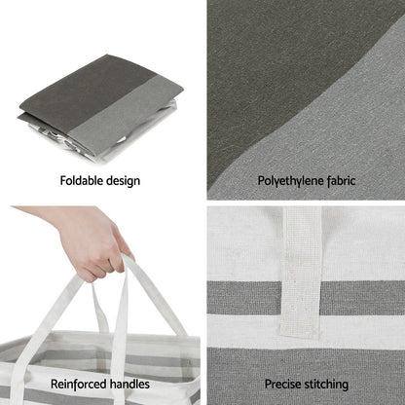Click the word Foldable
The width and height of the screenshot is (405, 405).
pos(81,180)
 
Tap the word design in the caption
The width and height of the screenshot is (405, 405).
pos(123,181)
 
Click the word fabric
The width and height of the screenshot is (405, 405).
pos(342,180)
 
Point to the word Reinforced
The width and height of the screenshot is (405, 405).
pos(79,385)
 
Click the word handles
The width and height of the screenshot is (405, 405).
pos(129,385)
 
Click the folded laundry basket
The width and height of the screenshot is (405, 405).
pos(100,108)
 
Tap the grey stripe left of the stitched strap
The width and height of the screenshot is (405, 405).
pos(244,298)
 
